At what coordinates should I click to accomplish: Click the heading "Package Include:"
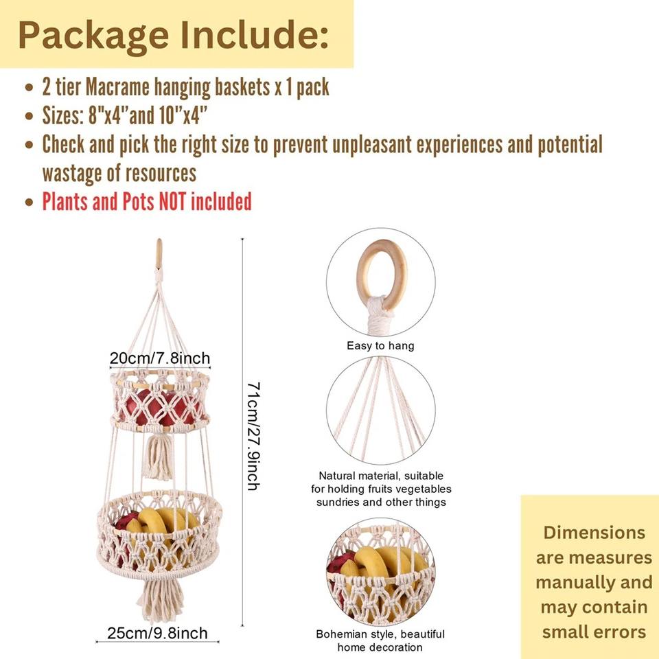(x=173, y=35)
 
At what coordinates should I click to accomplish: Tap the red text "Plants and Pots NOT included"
(x=147, y=202)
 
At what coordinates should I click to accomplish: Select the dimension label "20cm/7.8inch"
(x=160, y=358)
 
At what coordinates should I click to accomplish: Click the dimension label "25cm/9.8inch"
(x=157, y=633)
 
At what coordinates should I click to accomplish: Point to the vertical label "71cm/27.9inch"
(x=253, y=437)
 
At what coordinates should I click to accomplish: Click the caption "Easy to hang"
(x=380, y=345)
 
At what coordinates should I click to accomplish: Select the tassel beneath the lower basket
(x=159, y=597)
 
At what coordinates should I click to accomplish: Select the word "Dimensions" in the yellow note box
(x=594, y=532)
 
